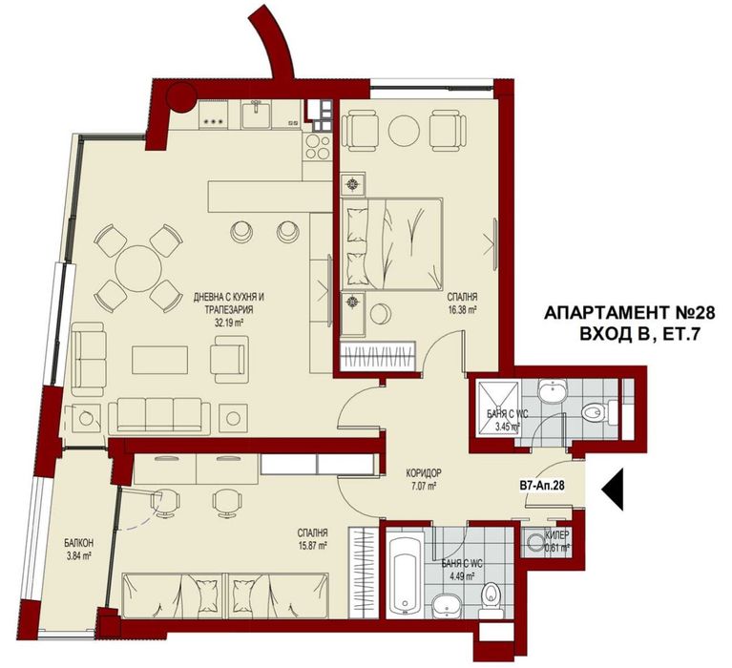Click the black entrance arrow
pos(613,488)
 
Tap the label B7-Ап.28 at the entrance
pos(540,487)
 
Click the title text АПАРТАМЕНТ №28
pos(628,312)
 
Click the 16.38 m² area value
pos(461,309)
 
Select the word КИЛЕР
pos(557,536)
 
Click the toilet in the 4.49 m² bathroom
pos(491,597)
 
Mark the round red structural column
pos(179,96)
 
